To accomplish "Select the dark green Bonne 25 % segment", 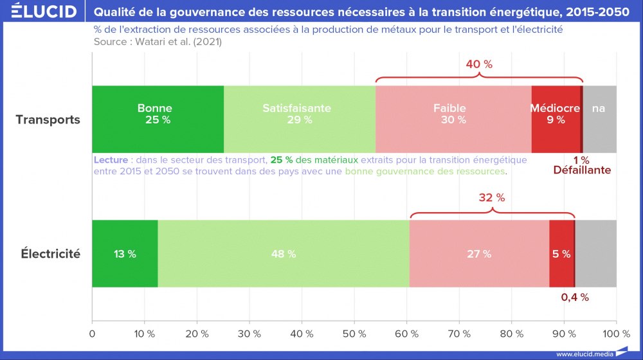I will pos(158,119).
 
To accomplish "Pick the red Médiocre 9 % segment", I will pos(556,119).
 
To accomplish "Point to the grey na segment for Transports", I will pos(599,119).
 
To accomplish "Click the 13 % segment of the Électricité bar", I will pos(125,254).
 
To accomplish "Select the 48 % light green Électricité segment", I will pos(283,254).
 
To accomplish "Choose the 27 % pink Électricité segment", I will pos(478,254).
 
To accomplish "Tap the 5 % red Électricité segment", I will pos(561,254).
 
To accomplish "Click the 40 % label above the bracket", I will pos(479,64).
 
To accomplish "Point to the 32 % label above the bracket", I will pos(491,198).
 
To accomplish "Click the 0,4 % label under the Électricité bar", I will pos(575,298).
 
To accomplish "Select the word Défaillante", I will pos(582,170).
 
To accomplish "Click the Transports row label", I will pos(48,120).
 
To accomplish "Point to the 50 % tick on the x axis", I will pos(354,334).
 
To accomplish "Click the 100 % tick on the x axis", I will pos(616,334).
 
